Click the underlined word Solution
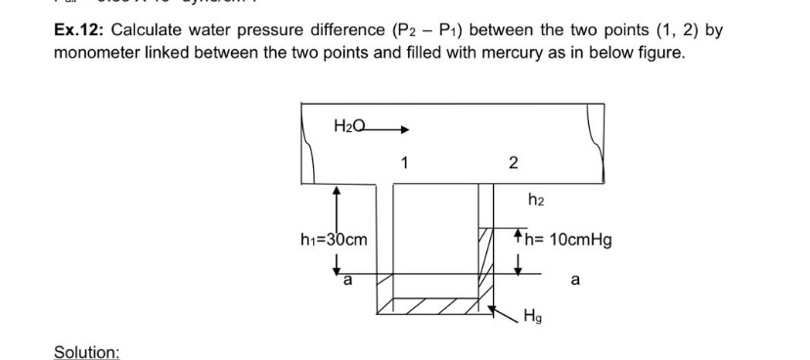tap(86, 351)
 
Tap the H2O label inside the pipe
tap(350, 125)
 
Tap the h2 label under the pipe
tap(535, 202)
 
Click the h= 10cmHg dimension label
tap(568, 239)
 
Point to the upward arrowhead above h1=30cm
tap(336, 193)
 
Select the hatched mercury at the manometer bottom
tap(430, 309)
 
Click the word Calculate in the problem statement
tap(157, 30)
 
